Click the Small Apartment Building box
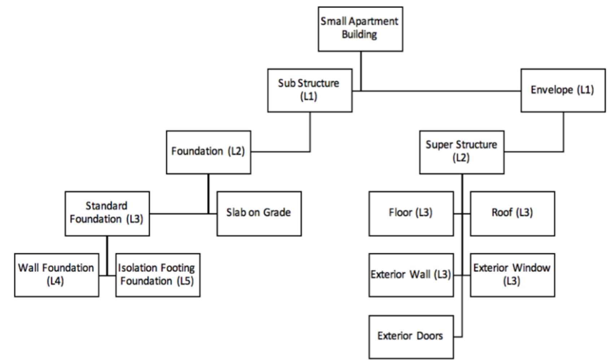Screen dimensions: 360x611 point(360,29)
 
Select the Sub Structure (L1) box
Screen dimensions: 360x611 point(310,90)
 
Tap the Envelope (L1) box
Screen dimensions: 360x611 point(563,90)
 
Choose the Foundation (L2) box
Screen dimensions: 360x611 point(208,152)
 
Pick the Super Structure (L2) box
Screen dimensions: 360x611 point(462,152)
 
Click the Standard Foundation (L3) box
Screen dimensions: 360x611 point(107,214)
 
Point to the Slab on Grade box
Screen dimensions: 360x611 point(259,214)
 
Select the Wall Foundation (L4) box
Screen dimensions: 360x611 point(57,275)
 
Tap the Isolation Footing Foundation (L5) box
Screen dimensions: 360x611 point(158,275)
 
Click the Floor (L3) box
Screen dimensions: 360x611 point(411,214)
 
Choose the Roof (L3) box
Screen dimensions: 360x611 point(512,214)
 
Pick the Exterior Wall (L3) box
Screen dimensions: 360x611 point(411,275)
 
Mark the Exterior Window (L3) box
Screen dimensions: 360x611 point(512,275)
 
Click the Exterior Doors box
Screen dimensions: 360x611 point(411,337)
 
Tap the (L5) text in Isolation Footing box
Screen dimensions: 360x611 point(185,281)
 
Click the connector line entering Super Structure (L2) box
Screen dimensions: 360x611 point(533,152)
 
